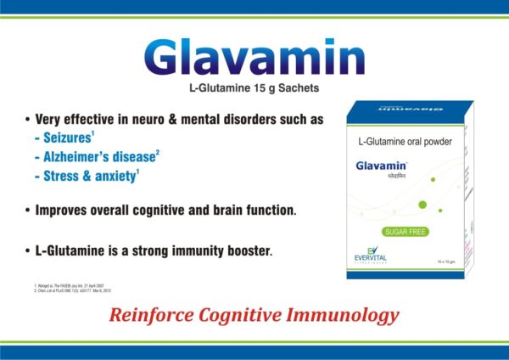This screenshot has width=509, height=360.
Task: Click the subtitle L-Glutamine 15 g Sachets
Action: point(254,88)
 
